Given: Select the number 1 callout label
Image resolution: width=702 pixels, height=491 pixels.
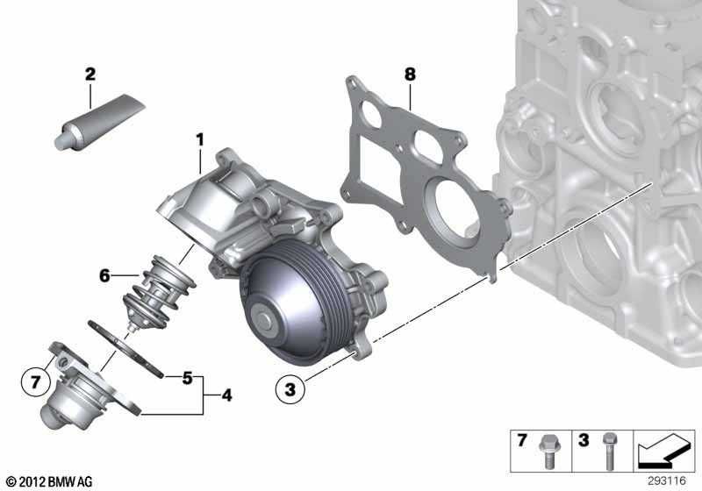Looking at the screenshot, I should pyautogui.click(x=200, y=139).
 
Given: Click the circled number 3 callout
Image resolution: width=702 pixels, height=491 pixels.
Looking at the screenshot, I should pyautogui.click(x=289, y=387).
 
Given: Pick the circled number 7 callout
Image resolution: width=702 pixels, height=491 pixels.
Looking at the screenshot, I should pyautogui.click(x=34, y=382).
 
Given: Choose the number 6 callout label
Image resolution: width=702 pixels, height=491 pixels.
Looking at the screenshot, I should pyautogui.click(x=104, y=275).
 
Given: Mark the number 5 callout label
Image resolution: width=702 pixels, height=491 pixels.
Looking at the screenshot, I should pyautogui.click(x=187, y=379).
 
